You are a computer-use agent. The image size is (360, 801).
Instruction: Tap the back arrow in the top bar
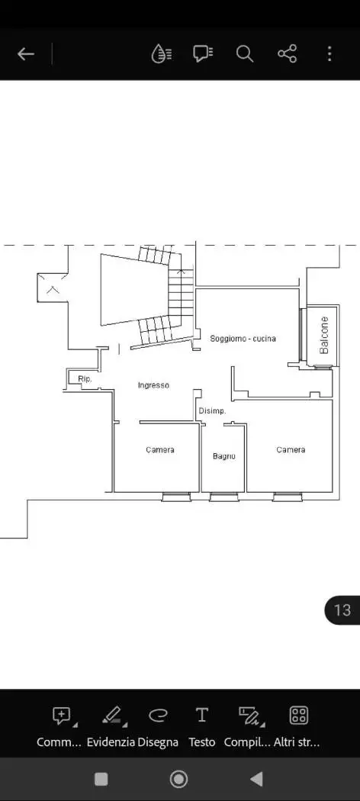coord(25,53)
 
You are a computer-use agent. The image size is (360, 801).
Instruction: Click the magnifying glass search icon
coord(245,53)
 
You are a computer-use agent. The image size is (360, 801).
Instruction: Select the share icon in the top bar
coord(287,53)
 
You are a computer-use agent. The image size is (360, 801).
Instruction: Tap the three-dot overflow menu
coord(329,53)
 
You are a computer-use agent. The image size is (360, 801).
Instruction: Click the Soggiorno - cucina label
coord(243,338)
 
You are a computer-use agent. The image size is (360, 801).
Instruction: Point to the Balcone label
coord(323,335)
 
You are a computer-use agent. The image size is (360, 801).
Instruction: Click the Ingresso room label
coord(153,386)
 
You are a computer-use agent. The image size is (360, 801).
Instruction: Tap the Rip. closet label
coord(85,379)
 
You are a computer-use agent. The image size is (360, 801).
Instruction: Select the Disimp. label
coord(213,410)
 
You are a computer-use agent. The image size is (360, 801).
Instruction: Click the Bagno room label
coord(224,456)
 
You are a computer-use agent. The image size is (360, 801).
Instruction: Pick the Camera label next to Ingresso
coord(160,450)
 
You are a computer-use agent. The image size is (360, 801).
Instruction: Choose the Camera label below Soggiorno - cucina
coord(291,450)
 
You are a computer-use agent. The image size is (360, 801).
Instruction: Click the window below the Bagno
coord(224,497)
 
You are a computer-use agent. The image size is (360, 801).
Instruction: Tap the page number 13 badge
coord(342,610)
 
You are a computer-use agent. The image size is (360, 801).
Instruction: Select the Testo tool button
coord(202,725)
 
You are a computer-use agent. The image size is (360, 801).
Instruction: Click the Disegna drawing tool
coord(159,725)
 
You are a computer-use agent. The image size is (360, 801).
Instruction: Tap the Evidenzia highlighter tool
coord(111,725)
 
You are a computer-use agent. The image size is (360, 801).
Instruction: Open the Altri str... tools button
coord(297,725)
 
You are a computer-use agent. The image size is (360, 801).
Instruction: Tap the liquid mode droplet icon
coord(162,53)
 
